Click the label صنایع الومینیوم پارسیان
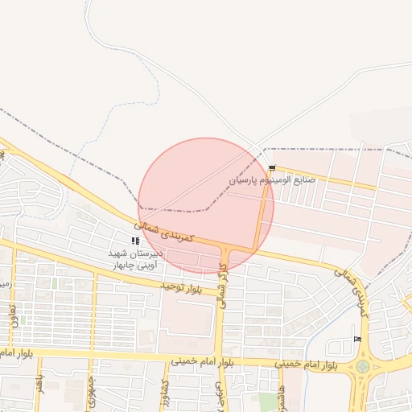pyautogui.click(x=273, y=180)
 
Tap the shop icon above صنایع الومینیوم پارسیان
pyautogui.click(x=273, y=169)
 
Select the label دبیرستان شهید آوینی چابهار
pyautogui.click(x=136, y=257)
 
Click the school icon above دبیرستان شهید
pyautogui.click(x=135, y=241)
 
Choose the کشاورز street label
pyautogui.click(x=164, y=389)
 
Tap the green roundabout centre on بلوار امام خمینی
pyautogui.click(x=363, y=367)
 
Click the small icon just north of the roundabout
pyautogui.click(x=357, y=340)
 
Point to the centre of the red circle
pyautogui.click(x=206, y=206)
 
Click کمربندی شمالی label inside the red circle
pyautogui.click(x=165, y=232)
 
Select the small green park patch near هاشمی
pyautogui.click(x=267, y=401)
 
